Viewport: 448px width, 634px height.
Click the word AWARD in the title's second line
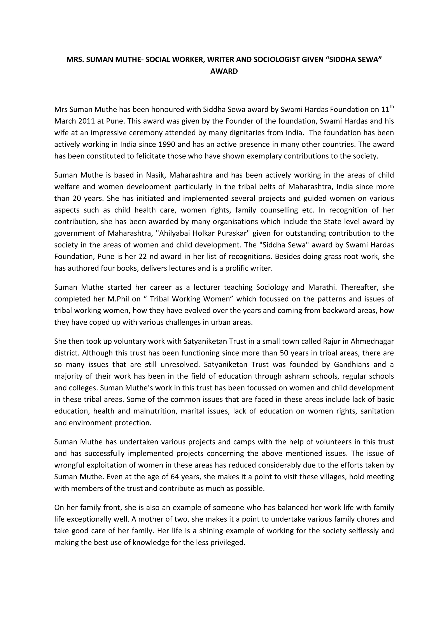point(224,71)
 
